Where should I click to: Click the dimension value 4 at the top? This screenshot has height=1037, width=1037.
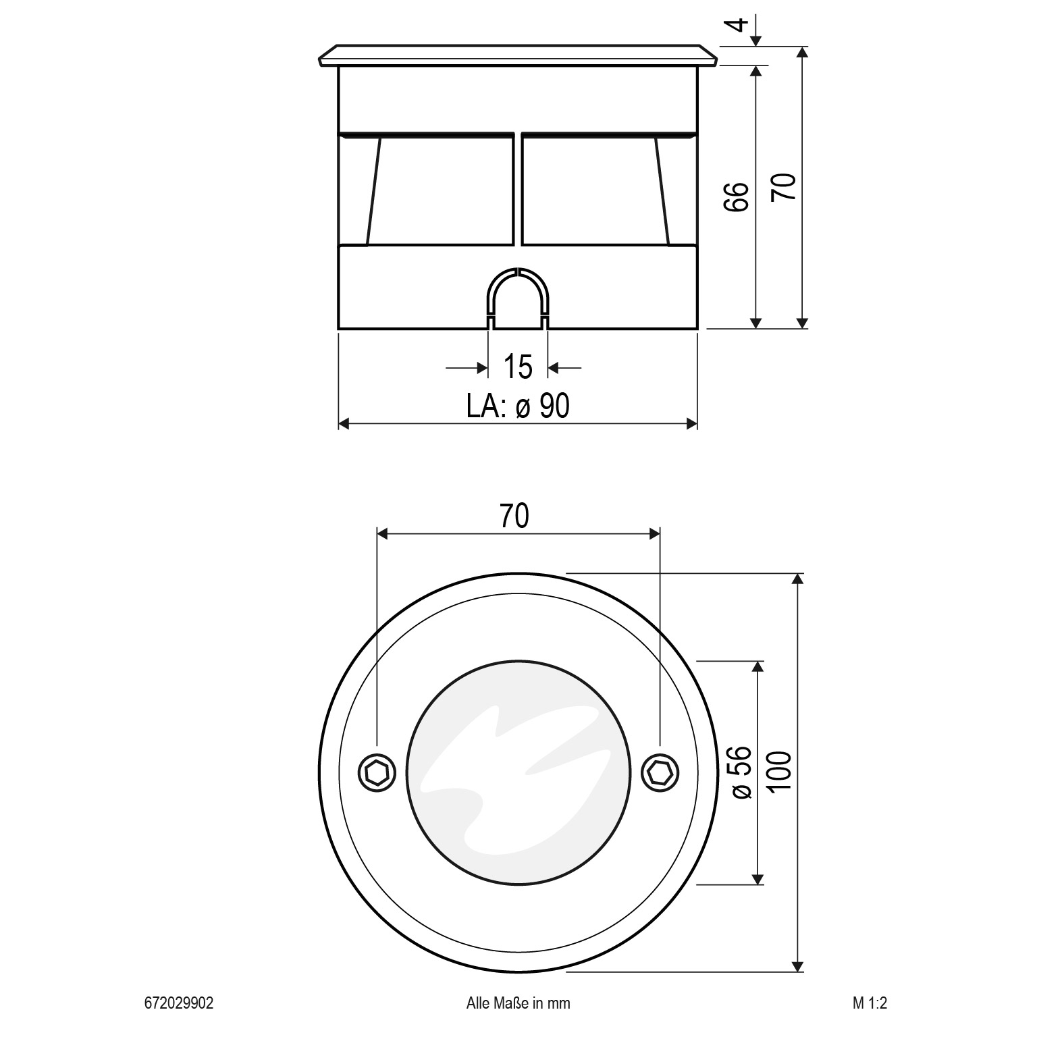coord(741,25)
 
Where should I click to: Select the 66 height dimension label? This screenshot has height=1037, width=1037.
coord(737,196)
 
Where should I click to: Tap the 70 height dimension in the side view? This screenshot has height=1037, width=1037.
coord(784,186)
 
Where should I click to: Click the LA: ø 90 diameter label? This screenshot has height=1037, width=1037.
coord(518,406)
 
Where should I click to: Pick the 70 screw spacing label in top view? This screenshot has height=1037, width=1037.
coord(514,516)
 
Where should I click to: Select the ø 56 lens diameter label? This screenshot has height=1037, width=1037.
coord(741,772)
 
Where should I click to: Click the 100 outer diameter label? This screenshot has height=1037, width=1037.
coord(780,772)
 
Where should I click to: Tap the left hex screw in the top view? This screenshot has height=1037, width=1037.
coord(377,772)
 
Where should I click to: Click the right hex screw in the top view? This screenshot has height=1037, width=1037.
coord(659,772)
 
